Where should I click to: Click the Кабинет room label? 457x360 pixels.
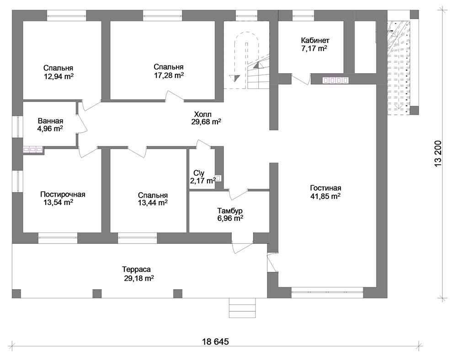pos(315,40)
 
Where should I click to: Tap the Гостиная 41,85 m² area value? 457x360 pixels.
pos(325,196)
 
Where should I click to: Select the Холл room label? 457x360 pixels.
pos(203,114)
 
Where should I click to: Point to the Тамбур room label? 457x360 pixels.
pos(230,210)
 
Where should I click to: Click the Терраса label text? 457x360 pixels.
pos(136,269)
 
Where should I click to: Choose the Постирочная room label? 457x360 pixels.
pos(63,194)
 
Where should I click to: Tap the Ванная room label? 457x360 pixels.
pos(50,121)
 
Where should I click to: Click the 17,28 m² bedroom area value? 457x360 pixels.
pos(169,75)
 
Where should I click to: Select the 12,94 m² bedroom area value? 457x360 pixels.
pos(58,76)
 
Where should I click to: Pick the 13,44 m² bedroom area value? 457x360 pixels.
pos(153,203)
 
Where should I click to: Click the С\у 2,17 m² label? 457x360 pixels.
pos(203,177)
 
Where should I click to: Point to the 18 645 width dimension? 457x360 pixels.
pos(216,341)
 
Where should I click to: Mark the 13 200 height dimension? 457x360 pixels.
pos(438,154)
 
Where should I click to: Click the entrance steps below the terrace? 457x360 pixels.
pos(243,308)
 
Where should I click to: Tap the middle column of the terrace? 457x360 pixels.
pos(97,294)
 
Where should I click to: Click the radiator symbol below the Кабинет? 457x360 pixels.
pos(335,80)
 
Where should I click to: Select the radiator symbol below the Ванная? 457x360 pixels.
pos(32,150)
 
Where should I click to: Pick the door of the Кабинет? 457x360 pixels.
pos(301,79)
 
